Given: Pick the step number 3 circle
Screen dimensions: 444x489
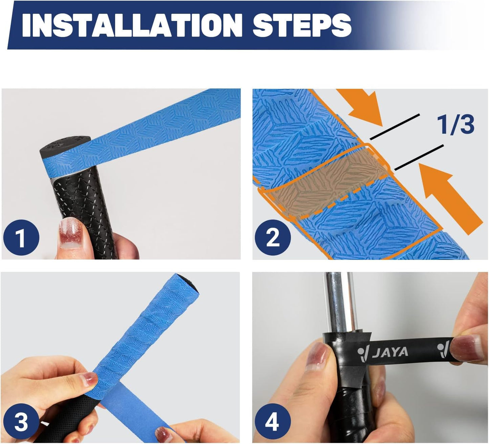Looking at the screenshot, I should tap(21, 422).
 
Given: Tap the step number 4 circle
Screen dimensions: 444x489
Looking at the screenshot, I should tap(272, 422).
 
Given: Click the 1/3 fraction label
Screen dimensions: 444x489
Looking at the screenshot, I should tap(455, 124).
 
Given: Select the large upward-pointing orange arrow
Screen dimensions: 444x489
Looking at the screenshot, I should tap(450, 196).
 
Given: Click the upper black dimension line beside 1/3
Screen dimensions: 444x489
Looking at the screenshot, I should tap(395, 126).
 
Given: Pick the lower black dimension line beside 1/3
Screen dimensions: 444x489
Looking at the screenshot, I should tap(419, 157).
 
